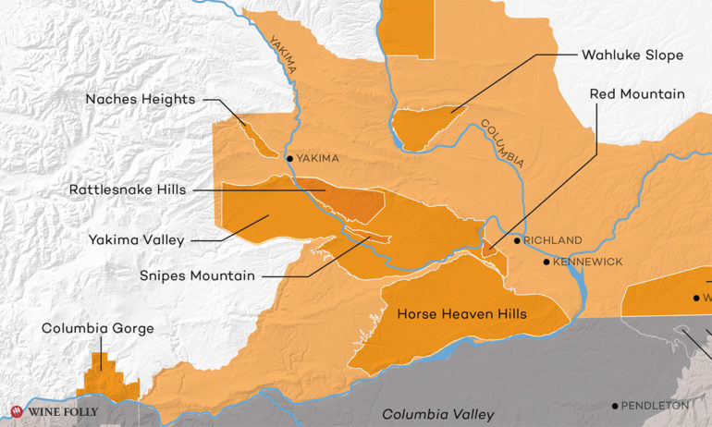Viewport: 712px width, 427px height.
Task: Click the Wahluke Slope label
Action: tap(632, 55)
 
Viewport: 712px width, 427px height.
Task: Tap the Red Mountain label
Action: tap(638, 93)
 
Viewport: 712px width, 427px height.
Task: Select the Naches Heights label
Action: tap(140, 98)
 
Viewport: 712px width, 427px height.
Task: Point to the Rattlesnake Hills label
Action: tap(128, 189)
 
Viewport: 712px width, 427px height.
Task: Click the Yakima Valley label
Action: tap(136, 240)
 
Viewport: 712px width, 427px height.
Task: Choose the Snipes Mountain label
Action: tap(200, 274)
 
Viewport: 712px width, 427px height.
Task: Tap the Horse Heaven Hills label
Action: tap(461, 314)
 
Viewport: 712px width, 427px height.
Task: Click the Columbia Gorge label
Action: tap(97, 328)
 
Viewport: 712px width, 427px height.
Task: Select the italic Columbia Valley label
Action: tap(438, 414)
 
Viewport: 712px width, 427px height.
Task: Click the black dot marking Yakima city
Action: tap(290, 159)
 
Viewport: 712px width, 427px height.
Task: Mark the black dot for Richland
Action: tap(517, 240)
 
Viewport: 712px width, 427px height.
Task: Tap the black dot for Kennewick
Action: tap(546, 262)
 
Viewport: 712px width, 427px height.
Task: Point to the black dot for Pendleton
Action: tap(615, 406)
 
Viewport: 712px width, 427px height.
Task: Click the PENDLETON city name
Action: tap(656, 406)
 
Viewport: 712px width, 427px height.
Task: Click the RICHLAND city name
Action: tap(553, 240)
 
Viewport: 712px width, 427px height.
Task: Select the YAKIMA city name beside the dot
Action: tap(319, 159)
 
